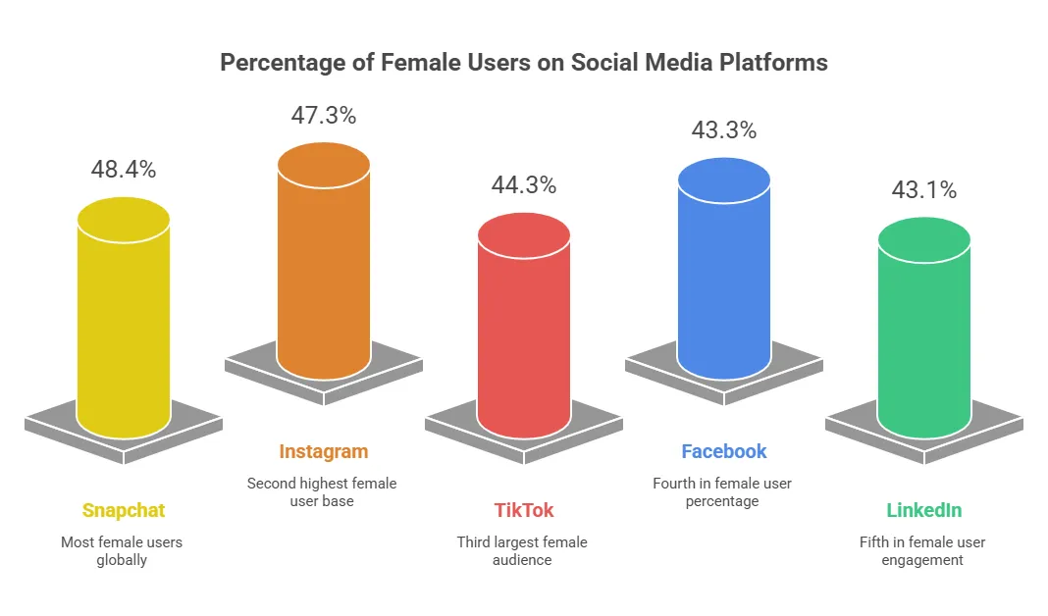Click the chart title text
[523, 63]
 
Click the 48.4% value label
[124, 169]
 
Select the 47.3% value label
[324, 115]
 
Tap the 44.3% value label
[524, 184]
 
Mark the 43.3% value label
[724, 129]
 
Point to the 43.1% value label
[924, 189]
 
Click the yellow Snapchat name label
[124, 510]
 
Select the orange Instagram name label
[324, 451]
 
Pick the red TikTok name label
[524, 510]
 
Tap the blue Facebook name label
[724, 451]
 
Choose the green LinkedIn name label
[924, 510]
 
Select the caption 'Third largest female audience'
[524, 550]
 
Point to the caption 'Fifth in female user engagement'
[924, 550]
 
